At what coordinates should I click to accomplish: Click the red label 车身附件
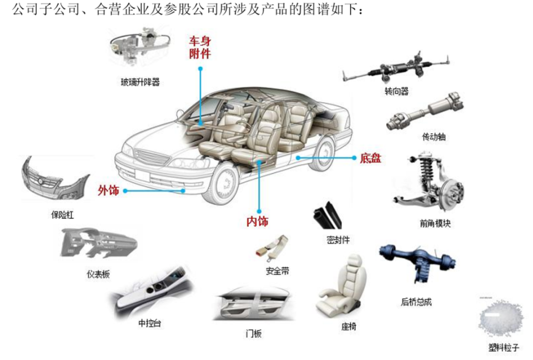[200, 47]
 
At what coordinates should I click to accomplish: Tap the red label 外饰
[108, 191]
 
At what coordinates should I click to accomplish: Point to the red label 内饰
[257, 222]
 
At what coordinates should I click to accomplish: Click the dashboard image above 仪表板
[97, 244]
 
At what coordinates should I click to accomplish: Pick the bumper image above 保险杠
[54, 181]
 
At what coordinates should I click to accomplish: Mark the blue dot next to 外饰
[126, 191]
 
